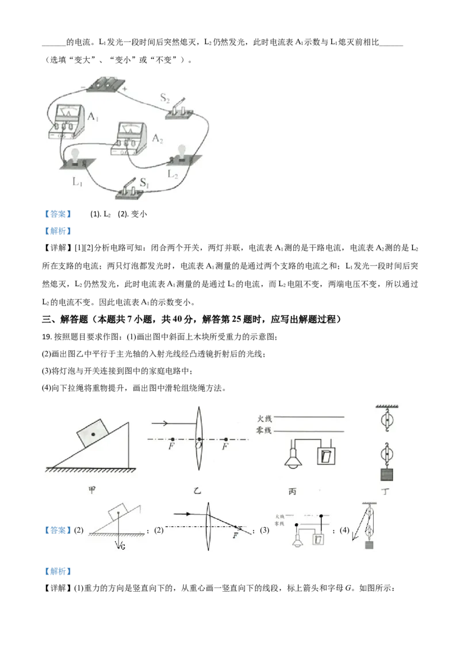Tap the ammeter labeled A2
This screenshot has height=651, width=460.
click(132, 139)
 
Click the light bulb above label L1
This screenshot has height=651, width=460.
click(75, 156)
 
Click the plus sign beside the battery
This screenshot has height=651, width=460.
click(124, 90)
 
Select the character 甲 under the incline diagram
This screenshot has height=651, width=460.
click(91, 490)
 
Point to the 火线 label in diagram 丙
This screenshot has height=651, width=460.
click(264, 419)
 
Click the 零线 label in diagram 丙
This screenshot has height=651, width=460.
click(264, 431)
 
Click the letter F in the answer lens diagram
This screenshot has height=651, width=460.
click(235, 536)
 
